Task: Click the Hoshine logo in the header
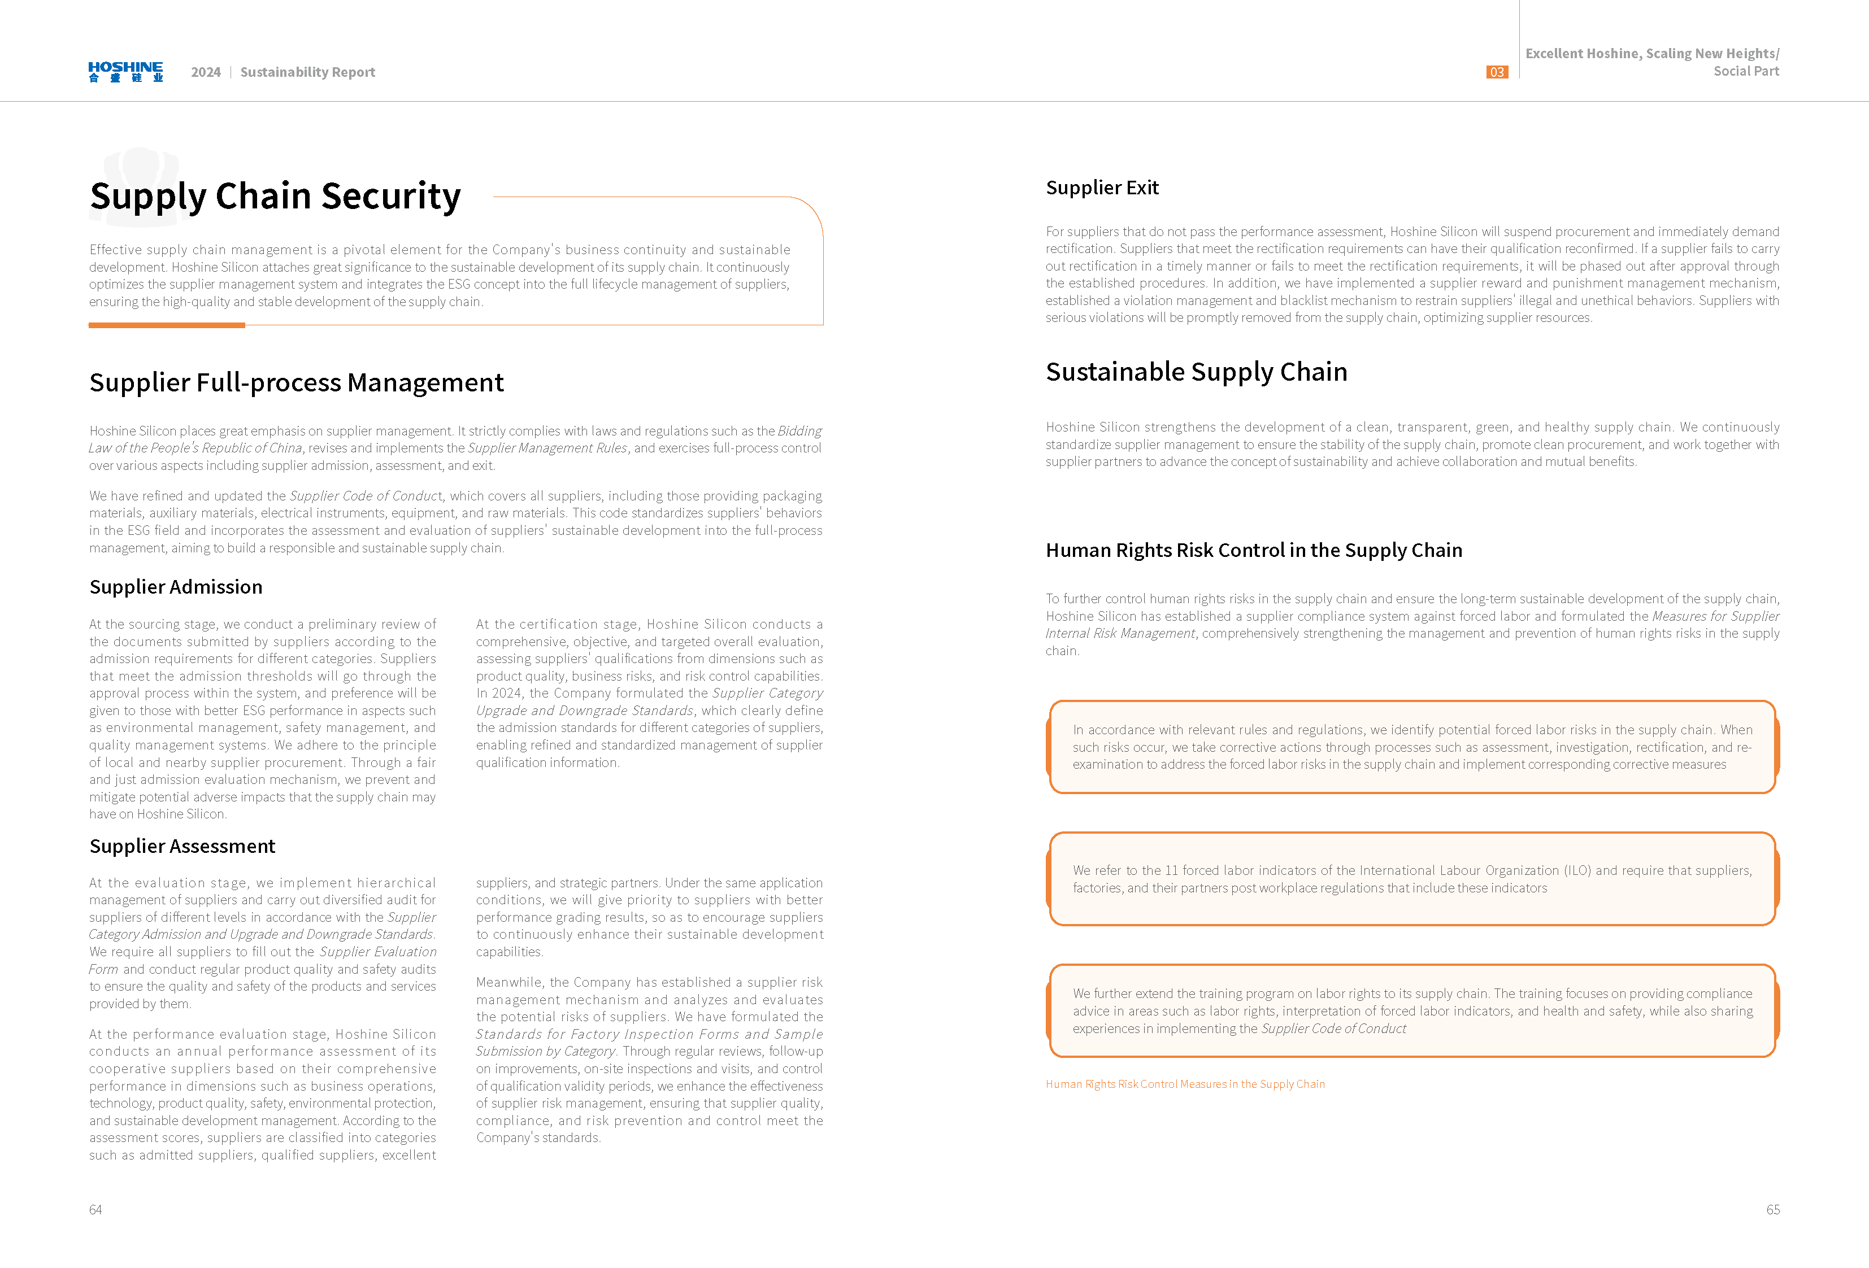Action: click(125, 72)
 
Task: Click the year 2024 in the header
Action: click(206, 72)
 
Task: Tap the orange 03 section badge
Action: click(1496, 72)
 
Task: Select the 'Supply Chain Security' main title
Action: click(275, 196)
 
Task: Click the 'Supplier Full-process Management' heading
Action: click(296, 383)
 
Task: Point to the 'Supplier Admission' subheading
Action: click(175, 587)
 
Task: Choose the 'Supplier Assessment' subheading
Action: click(182, 846)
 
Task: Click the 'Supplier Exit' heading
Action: click(1102, 188)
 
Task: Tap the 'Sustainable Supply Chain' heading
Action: click(1196, 372)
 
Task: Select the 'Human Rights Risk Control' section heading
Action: click(1253, 551)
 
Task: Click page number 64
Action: click(95, 1209)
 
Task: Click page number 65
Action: click(1772, 1209)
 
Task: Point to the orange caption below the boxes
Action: click(1185, 1084)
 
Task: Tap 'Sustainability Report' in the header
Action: click(307, 72)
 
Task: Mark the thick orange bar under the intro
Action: click(167, 325)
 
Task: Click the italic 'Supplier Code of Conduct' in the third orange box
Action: click(1333, 1029)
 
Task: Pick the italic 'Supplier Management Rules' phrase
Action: click(547, 448)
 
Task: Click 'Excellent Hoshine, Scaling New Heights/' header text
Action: click(1652, 54)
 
